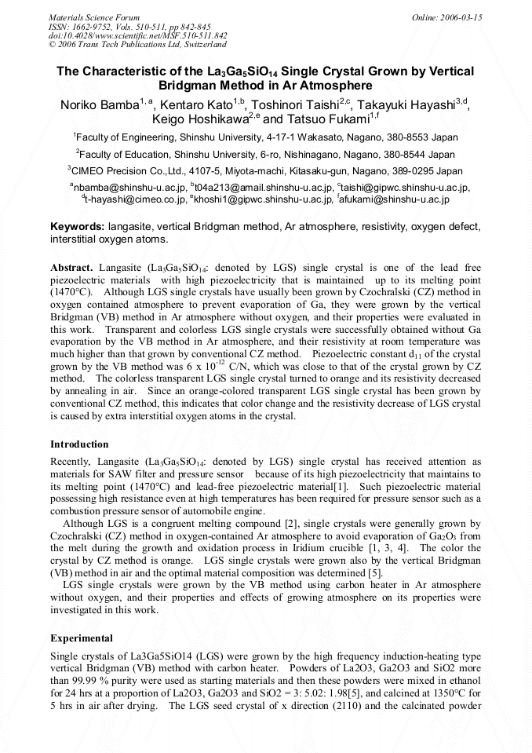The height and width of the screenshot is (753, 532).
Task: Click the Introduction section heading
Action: pos(79,444)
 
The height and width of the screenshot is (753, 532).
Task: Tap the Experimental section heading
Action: pos(82,638)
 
